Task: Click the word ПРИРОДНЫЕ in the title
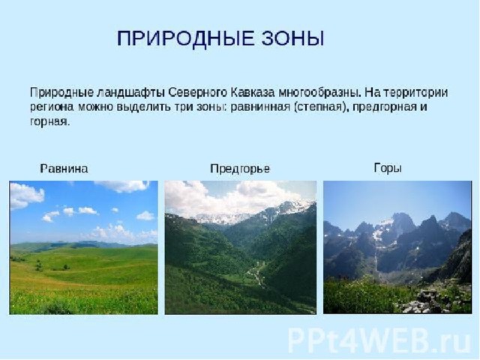(185, 38)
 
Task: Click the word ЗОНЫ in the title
(292, 38)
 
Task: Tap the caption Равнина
(64, 169)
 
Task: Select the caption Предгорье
(240, 169)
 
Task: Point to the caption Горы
(388, 168)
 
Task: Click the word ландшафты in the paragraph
(131, 93)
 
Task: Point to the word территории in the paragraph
(415, 92)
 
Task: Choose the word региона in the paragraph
(52, 107)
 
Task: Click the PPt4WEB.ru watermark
(379, 340)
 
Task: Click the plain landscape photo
(83, 247)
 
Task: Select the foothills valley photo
(241, 247)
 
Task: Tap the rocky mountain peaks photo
(397, 247)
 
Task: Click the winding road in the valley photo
(256, 273)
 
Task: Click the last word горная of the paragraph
(50, 122)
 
